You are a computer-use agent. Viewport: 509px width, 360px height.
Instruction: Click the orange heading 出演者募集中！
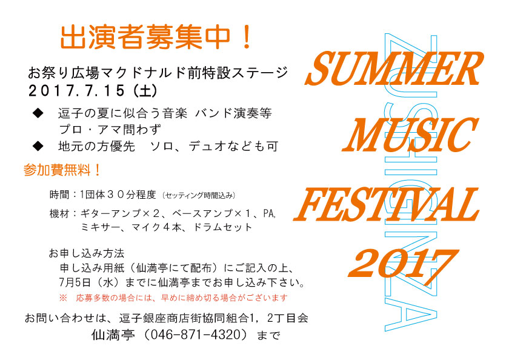point(156,38)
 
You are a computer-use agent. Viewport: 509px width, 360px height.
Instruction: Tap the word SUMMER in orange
point(394,69)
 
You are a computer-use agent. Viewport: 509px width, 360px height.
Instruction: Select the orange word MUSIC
point(410,135)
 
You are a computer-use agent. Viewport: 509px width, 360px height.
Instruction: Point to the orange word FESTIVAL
point(387,204)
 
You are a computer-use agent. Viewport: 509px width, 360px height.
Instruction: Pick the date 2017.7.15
point(76,90)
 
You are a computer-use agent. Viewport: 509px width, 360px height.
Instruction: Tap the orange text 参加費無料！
point(62,170)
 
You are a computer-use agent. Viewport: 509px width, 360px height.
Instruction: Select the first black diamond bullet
point(38,113)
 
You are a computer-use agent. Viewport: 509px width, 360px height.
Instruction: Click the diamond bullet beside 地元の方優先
point(38,146)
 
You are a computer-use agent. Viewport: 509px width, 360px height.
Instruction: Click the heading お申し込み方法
point(87,253)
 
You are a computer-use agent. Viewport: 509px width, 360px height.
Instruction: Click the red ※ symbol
point(63,298)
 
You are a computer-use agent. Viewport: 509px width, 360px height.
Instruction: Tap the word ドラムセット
point(222,227)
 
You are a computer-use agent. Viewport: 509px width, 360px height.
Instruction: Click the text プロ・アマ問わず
point(110,130)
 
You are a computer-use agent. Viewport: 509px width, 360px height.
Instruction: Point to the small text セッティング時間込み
point(199,195)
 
